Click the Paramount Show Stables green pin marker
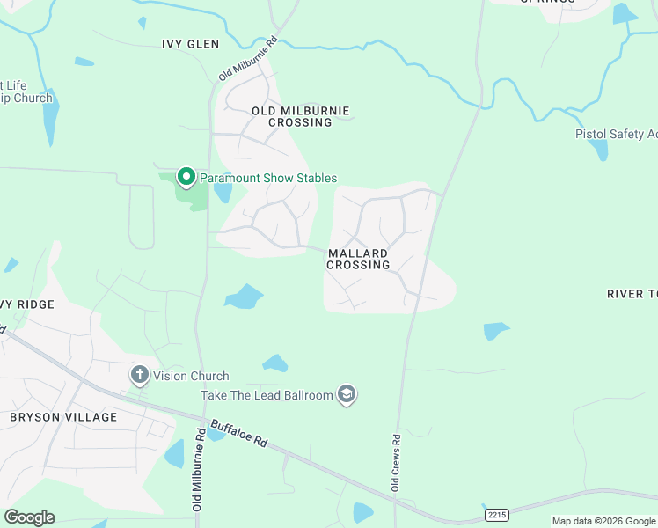click(186, 177)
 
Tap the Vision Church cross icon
click(139, 376)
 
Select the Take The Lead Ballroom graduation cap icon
click(347, 395)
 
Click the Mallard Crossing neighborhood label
click(358, 259)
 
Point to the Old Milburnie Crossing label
click(300, 116)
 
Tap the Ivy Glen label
click(190, 43)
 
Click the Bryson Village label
click(62, 416)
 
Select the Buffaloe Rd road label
click(238, 431)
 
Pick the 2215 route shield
click(496, 512)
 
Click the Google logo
click(30, 517)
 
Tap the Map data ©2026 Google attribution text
click(603, 521)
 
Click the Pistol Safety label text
click(616, 134)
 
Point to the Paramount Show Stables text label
click(268, 178)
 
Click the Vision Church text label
click(191, 376)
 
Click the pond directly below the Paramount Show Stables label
click(223, 191)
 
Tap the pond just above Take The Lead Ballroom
click(274, 363)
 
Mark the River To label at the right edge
click(632, 293)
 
